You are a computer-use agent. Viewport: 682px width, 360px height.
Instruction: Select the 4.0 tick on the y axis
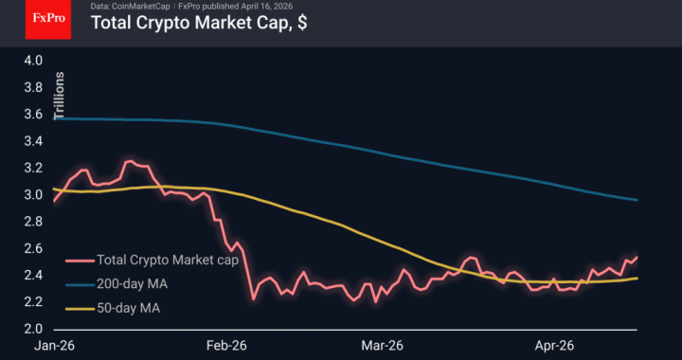click(x=34, y=61)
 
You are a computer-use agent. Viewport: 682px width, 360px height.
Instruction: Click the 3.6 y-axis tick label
click(x=34, y=115)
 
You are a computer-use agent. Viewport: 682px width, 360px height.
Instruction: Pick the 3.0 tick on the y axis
click(x=34, y=195)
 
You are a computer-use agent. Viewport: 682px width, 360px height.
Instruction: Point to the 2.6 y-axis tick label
click(x=34, y=248)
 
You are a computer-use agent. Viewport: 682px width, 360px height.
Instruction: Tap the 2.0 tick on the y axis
click(x=34, y=329)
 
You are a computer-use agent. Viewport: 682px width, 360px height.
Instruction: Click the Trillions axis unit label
click(x=60, y=96)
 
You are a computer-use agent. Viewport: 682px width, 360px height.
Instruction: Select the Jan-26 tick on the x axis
click(x=53, y=347)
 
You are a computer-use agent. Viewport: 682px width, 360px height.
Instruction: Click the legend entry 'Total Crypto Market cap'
click(x=167, y=261)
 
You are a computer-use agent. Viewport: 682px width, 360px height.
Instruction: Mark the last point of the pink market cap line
click(x=637, y=257)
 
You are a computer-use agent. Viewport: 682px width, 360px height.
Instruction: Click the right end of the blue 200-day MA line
click(x=637, y=200)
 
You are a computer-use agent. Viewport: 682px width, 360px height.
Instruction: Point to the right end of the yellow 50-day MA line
click(x=637, y=278)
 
